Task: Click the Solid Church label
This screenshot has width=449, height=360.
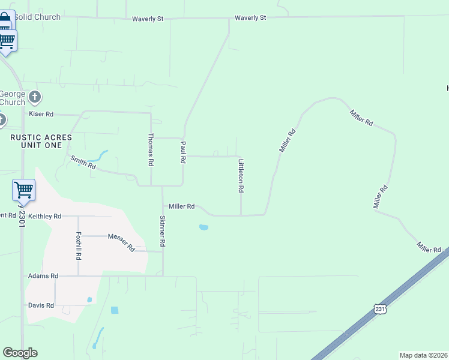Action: [x=38, y=17]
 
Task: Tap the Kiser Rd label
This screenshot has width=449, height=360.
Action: [x=41, y=113]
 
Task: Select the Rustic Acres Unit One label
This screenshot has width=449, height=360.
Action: [x=41, y=141]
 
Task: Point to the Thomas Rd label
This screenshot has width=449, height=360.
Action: [x=151, y=149]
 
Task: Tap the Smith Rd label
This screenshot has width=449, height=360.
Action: [x=83, y=162]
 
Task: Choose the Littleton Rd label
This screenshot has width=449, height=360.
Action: [x=241, y=176]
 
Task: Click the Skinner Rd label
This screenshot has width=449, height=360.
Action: [x=162, y=232]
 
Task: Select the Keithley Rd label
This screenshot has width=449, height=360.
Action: [x=45, y=216]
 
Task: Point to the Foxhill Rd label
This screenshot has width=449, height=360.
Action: [x=79, y=245]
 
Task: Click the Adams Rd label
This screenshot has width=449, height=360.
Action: [x=43, y=276]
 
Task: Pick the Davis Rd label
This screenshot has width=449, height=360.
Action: [x=41, y=305]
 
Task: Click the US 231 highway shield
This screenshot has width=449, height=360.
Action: [x=380, y=308]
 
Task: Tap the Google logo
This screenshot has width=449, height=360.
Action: [x=20, y=353]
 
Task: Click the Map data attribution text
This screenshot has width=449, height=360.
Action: [x=423, y=355]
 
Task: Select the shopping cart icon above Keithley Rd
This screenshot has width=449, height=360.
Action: [x=23, y=190]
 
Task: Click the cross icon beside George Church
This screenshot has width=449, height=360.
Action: [x=35, y=97]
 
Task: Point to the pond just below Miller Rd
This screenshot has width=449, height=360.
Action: [x=203, y=227]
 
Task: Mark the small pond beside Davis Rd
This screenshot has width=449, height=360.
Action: [x=89, y=299]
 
